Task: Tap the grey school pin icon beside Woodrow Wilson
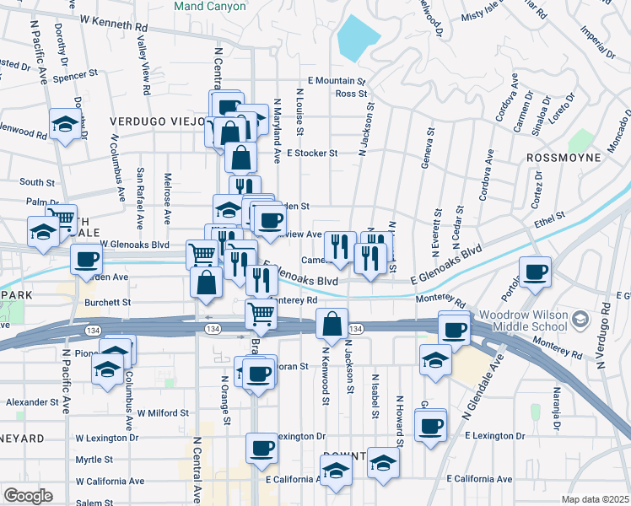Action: click(x=580, y=319)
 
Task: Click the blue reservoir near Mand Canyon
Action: click(x=359, y=38)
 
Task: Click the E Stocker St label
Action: click(x=312, y=153)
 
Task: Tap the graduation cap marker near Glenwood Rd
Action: click(x=64, y=125)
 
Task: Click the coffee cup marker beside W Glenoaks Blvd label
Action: click(x=85, y=260)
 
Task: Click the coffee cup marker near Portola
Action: click(x=535, y=272)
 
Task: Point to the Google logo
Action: click(x=27, y=496)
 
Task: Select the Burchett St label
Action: click(x=107, y=301)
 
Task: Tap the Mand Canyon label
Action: click(x=210, y=6)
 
